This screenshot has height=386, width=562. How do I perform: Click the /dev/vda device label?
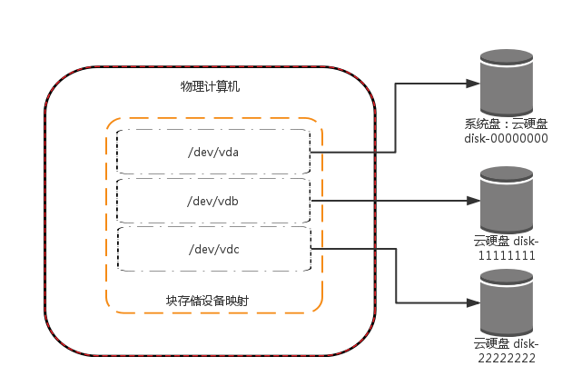(212, 153)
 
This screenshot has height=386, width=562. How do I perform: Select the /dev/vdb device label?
(212, 201)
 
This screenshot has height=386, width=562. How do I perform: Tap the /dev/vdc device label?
(212, 249)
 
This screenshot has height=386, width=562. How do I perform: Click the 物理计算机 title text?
(210, 87)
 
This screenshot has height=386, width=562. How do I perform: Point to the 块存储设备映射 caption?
(207, 300)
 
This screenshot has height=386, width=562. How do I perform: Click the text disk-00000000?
(506, 139)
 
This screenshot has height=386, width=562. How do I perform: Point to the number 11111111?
(506, 255)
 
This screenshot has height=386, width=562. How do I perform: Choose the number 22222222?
(506, 358)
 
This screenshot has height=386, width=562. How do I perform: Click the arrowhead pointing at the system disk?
(473, 84)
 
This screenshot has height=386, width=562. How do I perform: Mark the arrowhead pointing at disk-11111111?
(473, 201)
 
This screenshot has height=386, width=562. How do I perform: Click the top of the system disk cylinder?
(507, 56)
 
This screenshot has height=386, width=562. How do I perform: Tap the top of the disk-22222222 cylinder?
(507, 276)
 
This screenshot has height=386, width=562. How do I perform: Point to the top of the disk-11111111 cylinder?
(507, 173)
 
